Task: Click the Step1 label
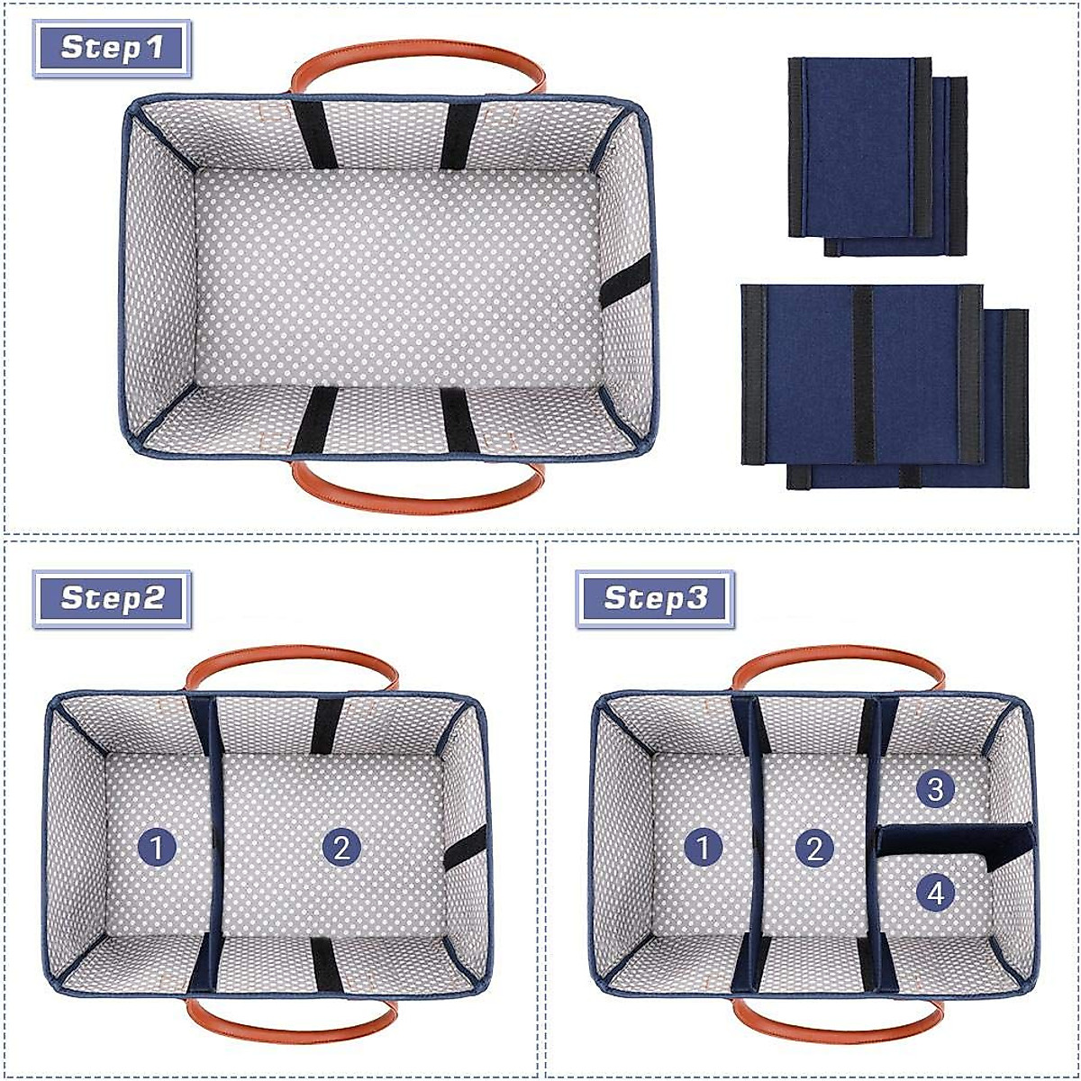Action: click(113, 47)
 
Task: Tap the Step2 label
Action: click(113, 598)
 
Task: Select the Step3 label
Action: click(655, 598)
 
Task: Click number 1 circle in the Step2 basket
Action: click(158, 848)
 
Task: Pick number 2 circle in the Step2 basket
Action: click(341, 848)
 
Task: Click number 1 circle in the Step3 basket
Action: click(704, 848)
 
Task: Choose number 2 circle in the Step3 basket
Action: click(815, 848)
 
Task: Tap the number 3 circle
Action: click(935, 790)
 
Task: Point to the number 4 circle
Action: click(935, 893)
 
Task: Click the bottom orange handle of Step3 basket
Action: click(838, 1027)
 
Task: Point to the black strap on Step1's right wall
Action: click(625, 281)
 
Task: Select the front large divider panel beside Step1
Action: click(861, 374)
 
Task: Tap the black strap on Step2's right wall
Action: click(465, 848)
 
